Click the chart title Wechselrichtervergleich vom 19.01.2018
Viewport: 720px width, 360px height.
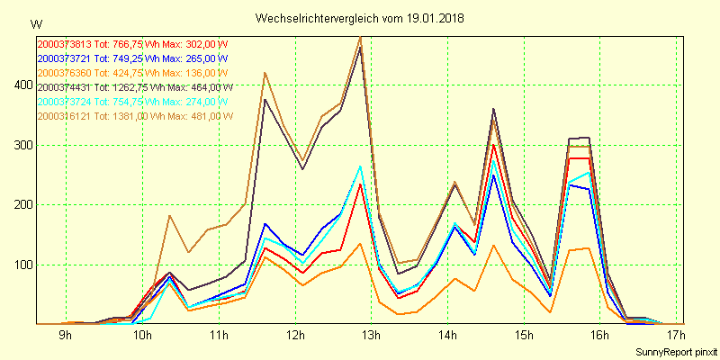click(359, 18)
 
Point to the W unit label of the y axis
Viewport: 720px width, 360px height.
click(35, 23)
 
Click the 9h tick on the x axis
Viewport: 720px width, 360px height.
click(65, 336)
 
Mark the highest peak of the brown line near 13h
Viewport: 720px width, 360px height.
click(360, 37)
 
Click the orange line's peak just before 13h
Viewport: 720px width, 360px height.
click(360, 243)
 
